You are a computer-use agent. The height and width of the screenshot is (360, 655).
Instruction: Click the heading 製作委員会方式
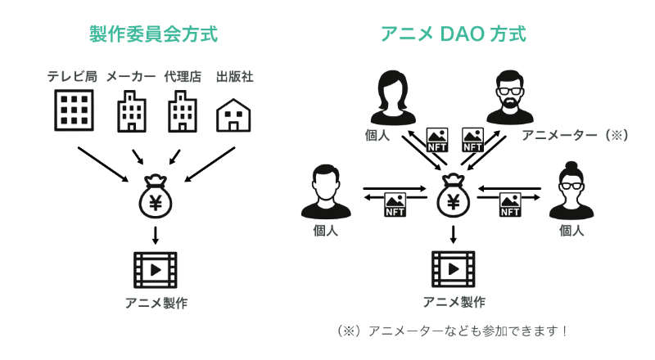pyautogui.click(x=153, y=34)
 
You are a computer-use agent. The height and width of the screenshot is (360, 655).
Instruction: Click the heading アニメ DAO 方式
pyautogui.click(x=453, y=34)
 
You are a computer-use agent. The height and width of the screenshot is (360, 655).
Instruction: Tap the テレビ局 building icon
pyautogui.click(x=73, y=110)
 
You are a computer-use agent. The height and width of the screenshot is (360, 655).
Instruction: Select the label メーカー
pyautogui.click(x=131, y=77)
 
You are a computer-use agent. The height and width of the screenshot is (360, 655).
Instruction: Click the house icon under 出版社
pyautogui.click(x=233, y=115)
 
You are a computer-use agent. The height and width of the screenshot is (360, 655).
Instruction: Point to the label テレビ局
pyautogui.click(x=72, y=77)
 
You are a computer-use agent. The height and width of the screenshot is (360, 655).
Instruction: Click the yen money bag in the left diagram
pyautogui.click(x=155, y=197)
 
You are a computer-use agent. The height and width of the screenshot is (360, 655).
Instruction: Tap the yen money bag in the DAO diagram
pyautogui.click(x=453, y=197)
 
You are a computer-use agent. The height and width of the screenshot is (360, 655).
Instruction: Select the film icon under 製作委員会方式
pyautogui.click(x=155, y=269)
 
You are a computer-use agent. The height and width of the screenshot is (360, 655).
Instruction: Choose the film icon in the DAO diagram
pyautogui.click(x=453, y=269)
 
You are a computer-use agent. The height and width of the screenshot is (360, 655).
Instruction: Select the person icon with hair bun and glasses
pyautogui.click(x=571, y=191)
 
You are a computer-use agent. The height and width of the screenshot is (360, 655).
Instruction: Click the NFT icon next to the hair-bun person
pyautogui.click(x=510, y=205)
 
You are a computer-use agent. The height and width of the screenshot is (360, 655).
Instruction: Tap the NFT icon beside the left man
pyautogui.click(x=396, y=205)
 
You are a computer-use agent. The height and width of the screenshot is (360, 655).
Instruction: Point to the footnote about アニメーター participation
pyautogui.click(x=453, y=331)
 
